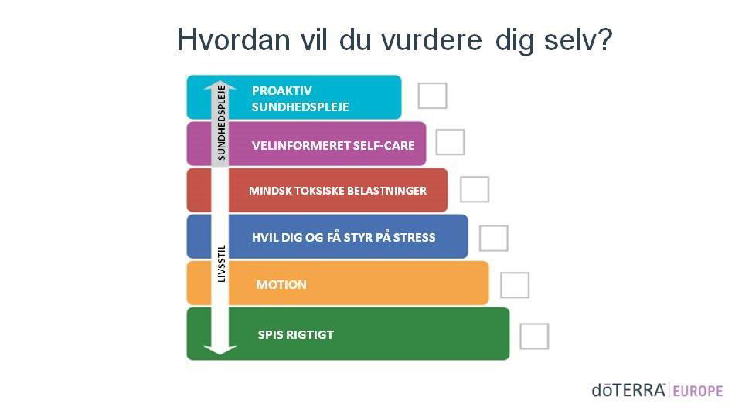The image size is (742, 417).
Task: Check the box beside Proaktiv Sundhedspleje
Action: tap(433, 96)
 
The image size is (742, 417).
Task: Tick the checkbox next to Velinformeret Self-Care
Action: tap(450, 142)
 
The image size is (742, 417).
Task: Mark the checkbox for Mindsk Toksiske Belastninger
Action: tap(475, 189)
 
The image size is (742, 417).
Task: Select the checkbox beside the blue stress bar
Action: tap(494, 238)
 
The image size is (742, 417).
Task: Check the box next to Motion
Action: tap(515, 285)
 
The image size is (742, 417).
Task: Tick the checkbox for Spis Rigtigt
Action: tap(534, 336)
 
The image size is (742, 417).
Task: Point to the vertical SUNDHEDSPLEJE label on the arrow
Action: tap(221, 123)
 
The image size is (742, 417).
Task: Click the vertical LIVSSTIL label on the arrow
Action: tap(221, 263)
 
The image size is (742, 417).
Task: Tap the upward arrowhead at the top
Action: tap(220, 85)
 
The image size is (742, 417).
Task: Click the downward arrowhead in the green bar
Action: tap(220, 350)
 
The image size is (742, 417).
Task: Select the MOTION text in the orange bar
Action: tap(281, 285)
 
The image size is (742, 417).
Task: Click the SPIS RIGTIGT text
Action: tap(296, 334)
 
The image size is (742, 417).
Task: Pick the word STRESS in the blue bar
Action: tap(414, 237)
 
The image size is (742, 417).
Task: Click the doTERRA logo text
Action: tap(629, 391)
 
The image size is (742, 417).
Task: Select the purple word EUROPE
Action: tap(698, 392)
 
